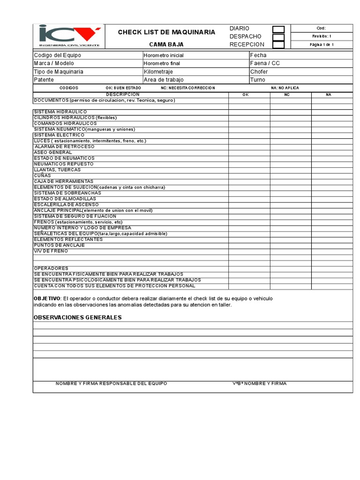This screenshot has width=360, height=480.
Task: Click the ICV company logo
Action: click(69, 36)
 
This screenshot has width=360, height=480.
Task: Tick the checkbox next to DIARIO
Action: click(278, 30)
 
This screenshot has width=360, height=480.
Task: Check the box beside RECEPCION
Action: click(278, 45)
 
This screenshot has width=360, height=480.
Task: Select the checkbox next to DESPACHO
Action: click(278, 37)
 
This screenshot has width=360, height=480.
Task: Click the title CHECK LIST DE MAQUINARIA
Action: click(166, 32)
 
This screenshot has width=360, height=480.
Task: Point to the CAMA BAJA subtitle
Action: click(166, 45)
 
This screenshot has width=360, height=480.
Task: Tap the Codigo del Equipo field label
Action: click(58, 55)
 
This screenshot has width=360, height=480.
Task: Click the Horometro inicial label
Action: click(164, 55)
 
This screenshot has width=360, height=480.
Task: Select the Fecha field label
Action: click(258, 55)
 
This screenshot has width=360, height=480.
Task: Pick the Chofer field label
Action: click(259, 72)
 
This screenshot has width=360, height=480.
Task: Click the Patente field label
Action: click(44, 80)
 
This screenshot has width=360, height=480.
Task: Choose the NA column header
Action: click(328, 95)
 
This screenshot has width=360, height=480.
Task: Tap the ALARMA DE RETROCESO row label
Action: click(64, 147)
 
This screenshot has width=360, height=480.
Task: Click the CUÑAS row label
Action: click(43, 176)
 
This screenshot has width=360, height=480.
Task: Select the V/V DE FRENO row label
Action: click(51, 251)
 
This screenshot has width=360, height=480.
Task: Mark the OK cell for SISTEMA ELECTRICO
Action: click(249, 135)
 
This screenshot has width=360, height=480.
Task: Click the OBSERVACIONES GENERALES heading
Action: click(77, 317)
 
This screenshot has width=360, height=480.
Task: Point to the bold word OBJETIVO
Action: click(47, 299)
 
